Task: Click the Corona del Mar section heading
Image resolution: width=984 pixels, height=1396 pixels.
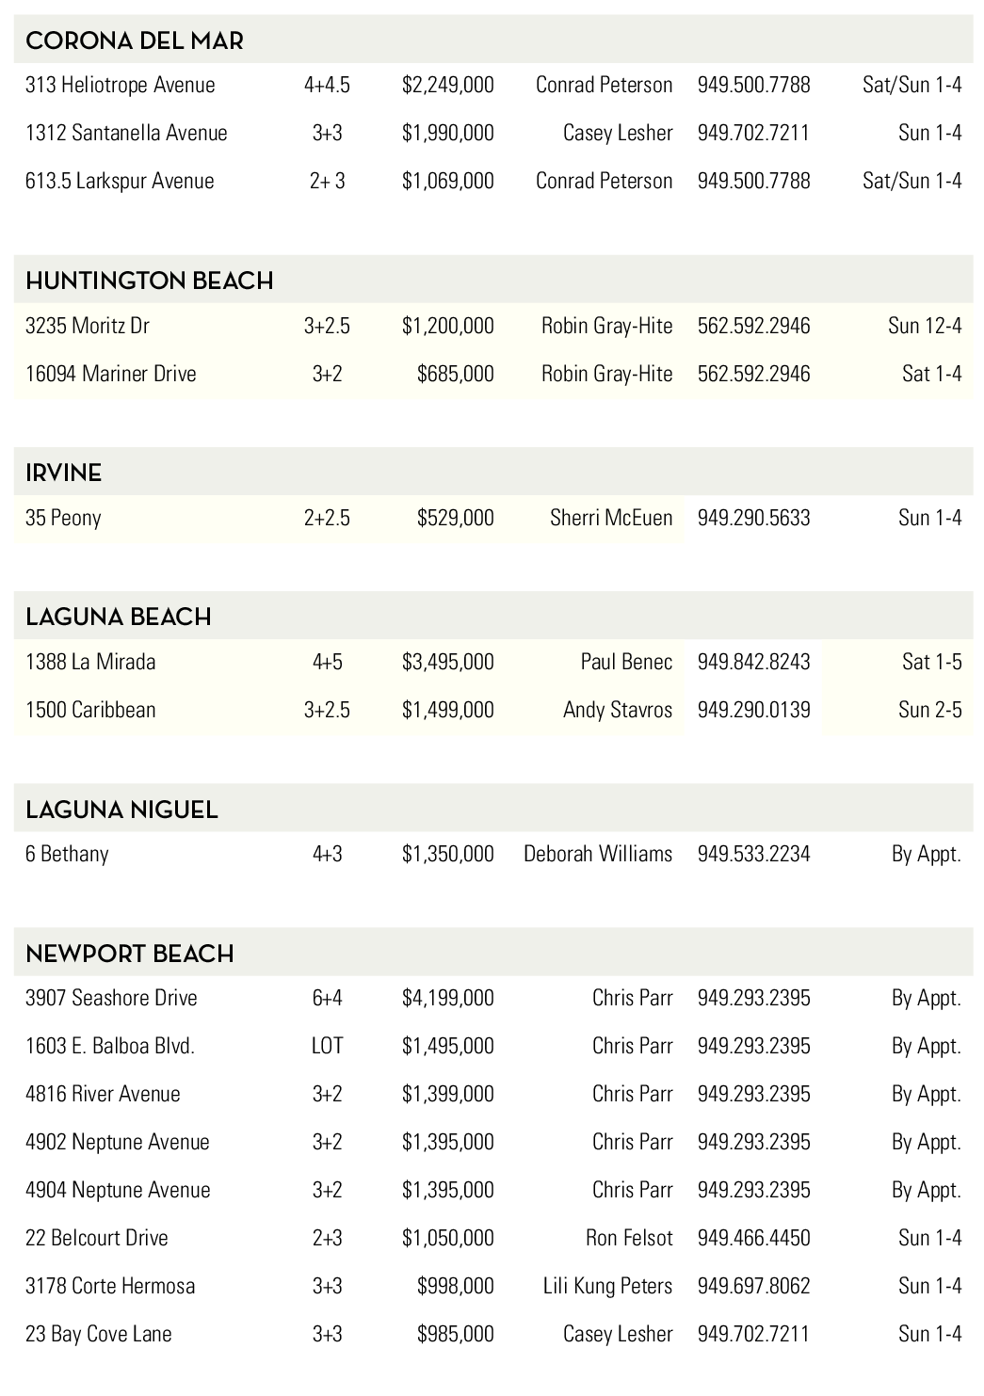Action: click(x=134, y=40)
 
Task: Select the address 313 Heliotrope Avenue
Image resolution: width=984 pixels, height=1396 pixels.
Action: click(x=120, y=85)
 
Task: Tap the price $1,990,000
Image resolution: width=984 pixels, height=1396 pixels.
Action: click(x=447, y=133)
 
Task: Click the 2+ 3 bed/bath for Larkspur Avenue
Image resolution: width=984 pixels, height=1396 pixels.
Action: click(x=327, y=181)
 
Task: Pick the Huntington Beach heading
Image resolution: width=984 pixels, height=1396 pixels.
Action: click(x=149, y=281)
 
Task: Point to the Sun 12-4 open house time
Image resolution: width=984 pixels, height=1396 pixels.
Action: click(x=924, y=326)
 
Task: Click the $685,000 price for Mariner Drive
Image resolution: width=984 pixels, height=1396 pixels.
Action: click(x=455, y=374)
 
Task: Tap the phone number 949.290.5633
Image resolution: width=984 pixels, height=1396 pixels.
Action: click(x=753, y=518)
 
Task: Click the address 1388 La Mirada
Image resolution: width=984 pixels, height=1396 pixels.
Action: click(x=90, y=662)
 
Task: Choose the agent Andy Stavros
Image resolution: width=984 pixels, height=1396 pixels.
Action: click(x=617, y=710)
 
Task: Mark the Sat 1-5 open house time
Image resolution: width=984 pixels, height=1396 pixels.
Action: click(x=931, y=662)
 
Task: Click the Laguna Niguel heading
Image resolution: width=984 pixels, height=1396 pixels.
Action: click(x=121, y=810)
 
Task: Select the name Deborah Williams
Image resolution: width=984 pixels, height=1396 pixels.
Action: click(x=597, y=854)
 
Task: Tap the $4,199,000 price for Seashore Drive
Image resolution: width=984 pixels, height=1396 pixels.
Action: click(x=447, y=998)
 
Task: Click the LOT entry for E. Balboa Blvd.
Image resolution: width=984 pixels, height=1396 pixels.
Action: click(x=327, y=1046)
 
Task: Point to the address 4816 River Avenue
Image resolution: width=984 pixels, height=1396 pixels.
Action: click(x=103, y=1094)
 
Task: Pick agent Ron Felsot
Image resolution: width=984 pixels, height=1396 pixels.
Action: click(x=628, y=1238)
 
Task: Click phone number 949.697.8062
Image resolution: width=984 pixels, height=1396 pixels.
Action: click(x=753, y=1286)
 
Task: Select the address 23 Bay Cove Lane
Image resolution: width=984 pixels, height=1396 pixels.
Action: click(x=98, y=1334)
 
